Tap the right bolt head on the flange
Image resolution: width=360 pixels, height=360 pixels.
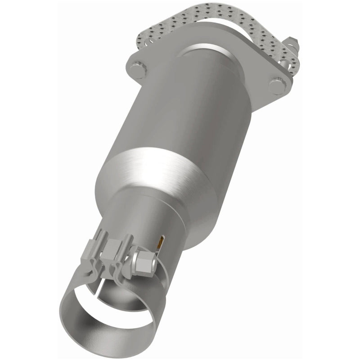[275, 84]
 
